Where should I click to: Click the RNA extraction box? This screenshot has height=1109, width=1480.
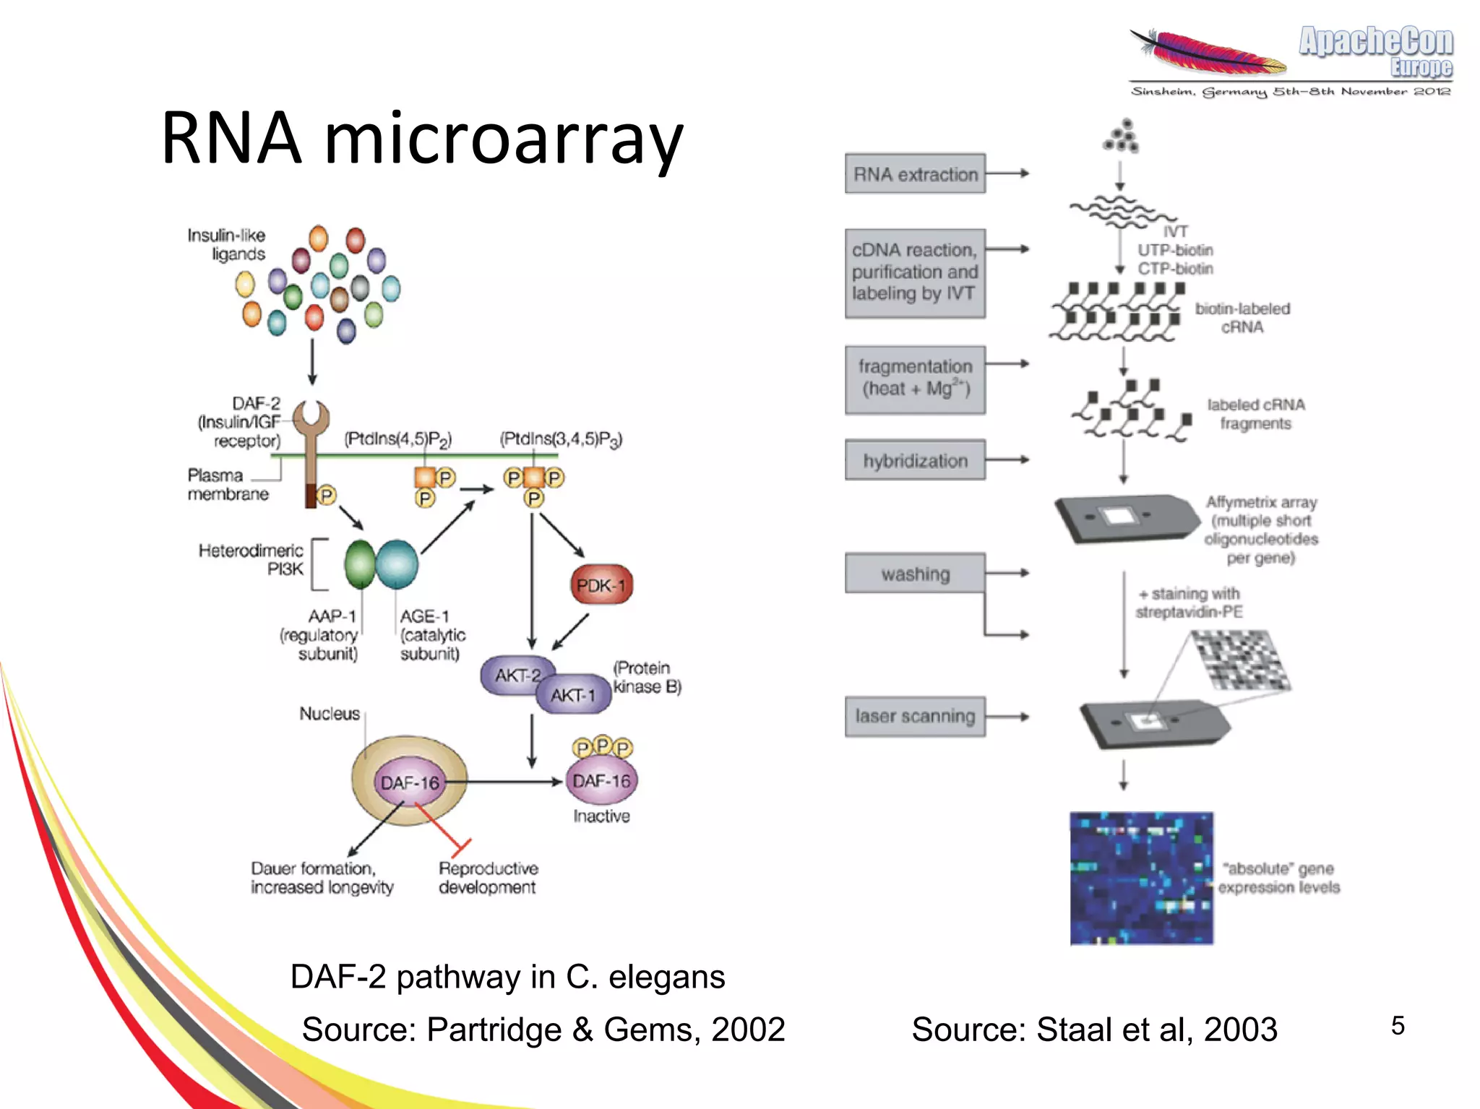915,173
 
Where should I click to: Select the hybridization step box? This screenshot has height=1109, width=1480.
915,460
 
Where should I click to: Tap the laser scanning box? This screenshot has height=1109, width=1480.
915,716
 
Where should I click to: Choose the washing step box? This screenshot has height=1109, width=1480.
915,574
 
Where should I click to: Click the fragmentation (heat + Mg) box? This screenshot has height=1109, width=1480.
915,379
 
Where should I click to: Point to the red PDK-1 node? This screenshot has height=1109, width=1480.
601,585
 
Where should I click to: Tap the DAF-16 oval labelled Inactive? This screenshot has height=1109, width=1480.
601,781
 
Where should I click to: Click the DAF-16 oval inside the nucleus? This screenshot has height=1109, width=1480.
410,782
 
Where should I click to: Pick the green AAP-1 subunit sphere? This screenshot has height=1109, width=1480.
359,564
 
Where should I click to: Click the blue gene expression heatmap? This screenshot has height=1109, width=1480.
1141,878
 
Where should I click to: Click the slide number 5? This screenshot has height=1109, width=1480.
1398,1025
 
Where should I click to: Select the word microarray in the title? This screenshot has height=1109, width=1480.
503,139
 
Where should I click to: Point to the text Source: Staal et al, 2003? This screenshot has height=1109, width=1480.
1094,1029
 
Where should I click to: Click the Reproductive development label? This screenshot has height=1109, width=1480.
488,878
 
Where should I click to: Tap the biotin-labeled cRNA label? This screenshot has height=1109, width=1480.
1242,318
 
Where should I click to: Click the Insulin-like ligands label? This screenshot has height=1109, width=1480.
227,244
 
